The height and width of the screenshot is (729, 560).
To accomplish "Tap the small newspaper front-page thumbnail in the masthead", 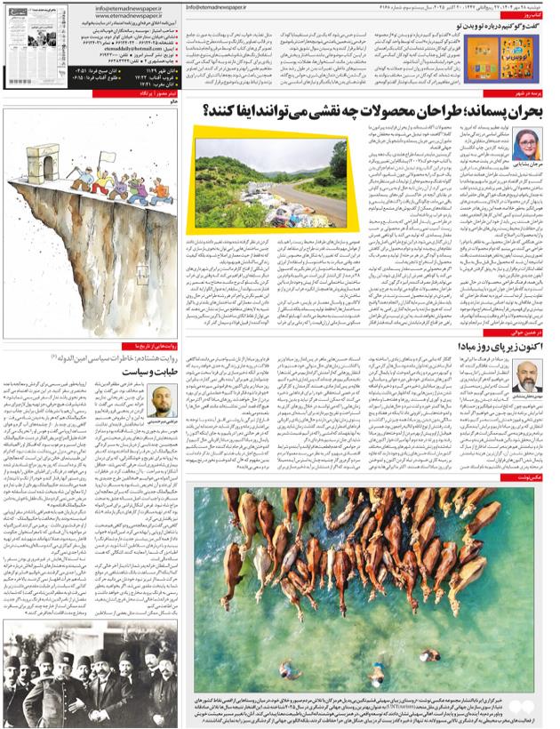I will (26, 33).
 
